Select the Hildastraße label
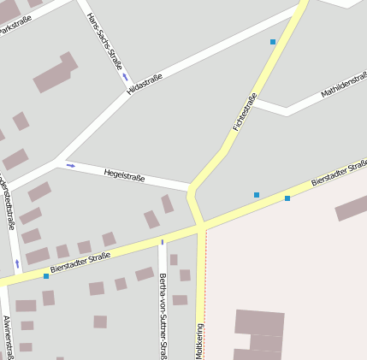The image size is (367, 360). (144, 84)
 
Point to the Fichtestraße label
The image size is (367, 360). (244, 111)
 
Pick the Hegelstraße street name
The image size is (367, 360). (124, 174)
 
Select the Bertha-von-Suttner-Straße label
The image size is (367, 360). (163, 313)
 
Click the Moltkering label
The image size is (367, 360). (200, 341)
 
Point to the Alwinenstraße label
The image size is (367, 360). (7, 337)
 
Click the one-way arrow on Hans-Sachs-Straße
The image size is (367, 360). (125, 75)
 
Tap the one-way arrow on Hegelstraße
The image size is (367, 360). (70, 165)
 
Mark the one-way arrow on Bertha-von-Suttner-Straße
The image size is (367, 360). (163, 242)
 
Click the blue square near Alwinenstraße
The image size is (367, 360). (46, 276)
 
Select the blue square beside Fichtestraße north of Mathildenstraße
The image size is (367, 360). (273, 41)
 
